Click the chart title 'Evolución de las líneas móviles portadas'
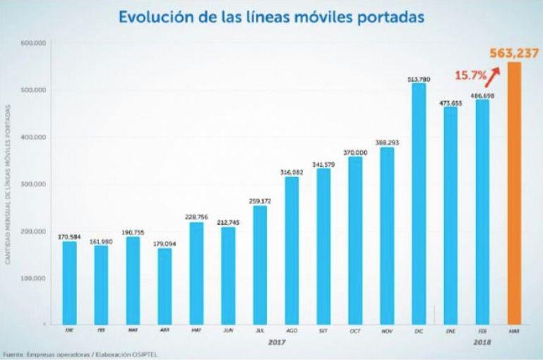[272, 15]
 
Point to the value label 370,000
[356, 152]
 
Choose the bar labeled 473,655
[450, 216]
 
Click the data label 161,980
[101, 240]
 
